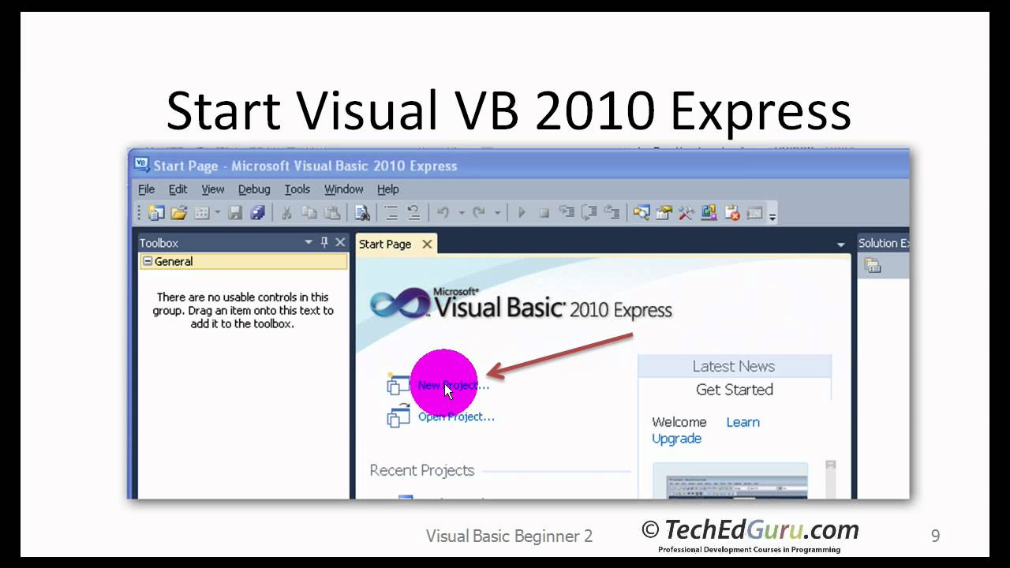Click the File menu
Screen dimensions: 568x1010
point(147,189)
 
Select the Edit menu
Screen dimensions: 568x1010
point(178,189)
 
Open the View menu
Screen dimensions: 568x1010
point(212,189)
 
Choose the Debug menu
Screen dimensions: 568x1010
point(254,189)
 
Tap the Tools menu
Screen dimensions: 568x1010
point(297,189)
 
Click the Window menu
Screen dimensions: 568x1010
point(343,189)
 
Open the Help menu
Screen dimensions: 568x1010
point(387,189)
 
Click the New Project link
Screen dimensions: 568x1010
point(453,386)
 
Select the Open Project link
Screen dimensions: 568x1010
point(456,417)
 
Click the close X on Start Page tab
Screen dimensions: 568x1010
point(427,244)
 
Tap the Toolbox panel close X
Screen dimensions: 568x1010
point(340,243)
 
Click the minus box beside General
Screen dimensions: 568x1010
point(147,262)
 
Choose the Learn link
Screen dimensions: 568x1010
point(743,422)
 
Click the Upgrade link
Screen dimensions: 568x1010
point(676,439)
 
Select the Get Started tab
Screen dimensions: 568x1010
point(734,390)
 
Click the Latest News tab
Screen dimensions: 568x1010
point(733,366)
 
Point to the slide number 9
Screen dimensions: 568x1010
point(935,536)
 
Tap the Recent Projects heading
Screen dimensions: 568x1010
point(421,470)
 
